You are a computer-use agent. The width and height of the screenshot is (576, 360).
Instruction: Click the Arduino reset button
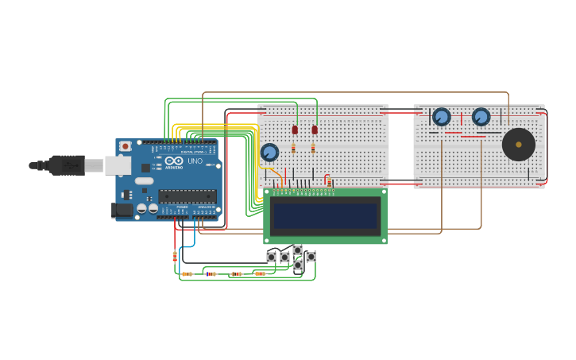125,146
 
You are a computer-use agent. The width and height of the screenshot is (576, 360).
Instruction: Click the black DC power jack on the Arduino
122,210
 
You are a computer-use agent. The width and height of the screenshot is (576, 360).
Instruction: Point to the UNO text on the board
195,161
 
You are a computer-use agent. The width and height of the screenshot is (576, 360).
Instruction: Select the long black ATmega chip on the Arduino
187,195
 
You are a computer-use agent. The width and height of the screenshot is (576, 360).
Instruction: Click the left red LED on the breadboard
295,130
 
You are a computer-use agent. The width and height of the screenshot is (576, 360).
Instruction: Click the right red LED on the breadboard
315,130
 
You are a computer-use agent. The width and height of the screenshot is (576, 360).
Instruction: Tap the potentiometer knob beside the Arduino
269,152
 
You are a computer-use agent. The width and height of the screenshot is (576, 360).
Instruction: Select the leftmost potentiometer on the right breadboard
441,117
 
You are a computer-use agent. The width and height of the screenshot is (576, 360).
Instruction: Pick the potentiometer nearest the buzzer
481,117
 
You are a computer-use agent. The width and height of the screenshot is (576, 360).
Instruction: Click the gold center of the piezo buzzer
519,145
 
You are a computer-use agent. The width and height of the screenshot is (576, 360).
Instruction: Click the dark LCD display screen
326,215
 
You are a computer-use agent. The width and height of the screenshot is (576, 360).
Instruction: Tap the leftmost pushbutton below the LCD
271,257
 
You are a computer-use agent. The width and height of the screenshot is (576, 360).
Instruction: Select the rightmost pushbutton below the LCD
311,257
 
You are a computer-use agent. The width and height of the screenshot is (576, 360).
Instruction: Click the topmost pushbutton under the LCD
297,250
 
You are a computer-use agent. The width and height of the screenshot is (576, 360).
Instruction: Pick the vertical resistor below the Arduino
175,256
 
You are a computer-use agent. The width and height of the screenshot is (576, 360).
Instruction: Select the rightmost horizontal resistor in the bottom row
260,273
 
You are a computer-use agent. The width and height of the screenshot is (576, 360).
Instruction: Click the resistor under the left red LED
293,148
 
